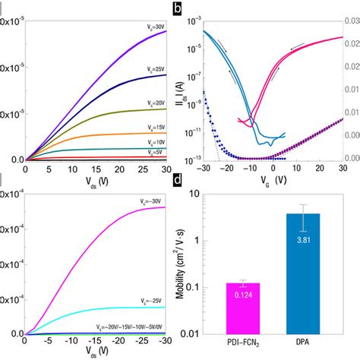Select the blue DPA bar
coord(303,273)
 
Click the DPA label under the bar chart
coord(303,344)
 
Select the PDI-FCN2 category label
coord(243,344)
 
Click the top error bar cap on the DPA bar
coord(303,204)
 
